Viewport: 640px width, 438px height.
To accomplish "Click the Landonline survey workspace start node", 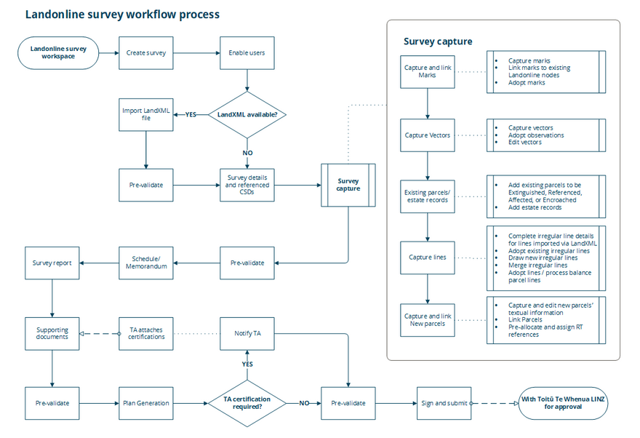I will (x=58, y=53).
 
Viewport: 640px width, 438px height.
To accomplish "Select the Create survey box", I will (x=146, y=53).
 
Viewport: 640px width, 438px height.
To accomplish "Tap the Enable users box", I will (x=247, y=53).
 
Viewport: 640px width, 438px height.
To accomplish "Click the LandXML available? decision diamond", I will (x=247, y=114).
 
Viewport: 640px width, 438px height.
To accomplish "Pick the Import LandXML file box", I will (x=146, y=114).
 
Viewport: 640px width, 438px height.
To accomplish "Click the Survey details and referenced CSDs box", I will (x=247, y=185).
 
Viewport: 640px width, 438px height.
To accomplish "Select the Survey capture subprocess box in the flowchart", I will (x=348, y=185).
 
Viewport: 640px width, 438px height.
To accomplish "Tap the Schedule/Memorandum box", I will (x=146, y=263).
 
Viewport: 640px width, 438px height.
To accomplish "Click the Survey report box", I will (x=52, y=263).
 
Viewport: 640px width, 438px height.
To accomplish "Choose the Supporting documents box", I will (x=52, y=333).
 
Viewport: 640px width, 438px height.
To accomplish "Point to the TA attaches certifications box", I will (x=146, y=333).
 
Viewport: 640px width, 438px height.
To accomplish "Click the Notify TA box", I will (x=247, y=333).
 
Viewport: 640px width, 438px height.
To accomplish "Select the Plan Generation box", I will (x=146, y=403).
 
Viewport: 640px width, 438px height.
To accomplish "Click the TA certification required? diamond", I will (x=247, y=403).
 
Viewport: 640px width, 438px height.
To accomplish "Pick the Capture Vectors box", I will (x=428, y=135).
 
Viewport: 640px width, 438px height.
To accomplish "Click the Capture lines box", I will (x=428, y=257).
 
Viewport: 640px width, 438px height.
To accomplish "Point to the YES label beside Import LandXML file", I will (x=191, y=114).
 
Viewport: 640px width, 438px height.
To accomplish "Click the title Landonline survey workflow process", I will (x=122, y=15).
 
